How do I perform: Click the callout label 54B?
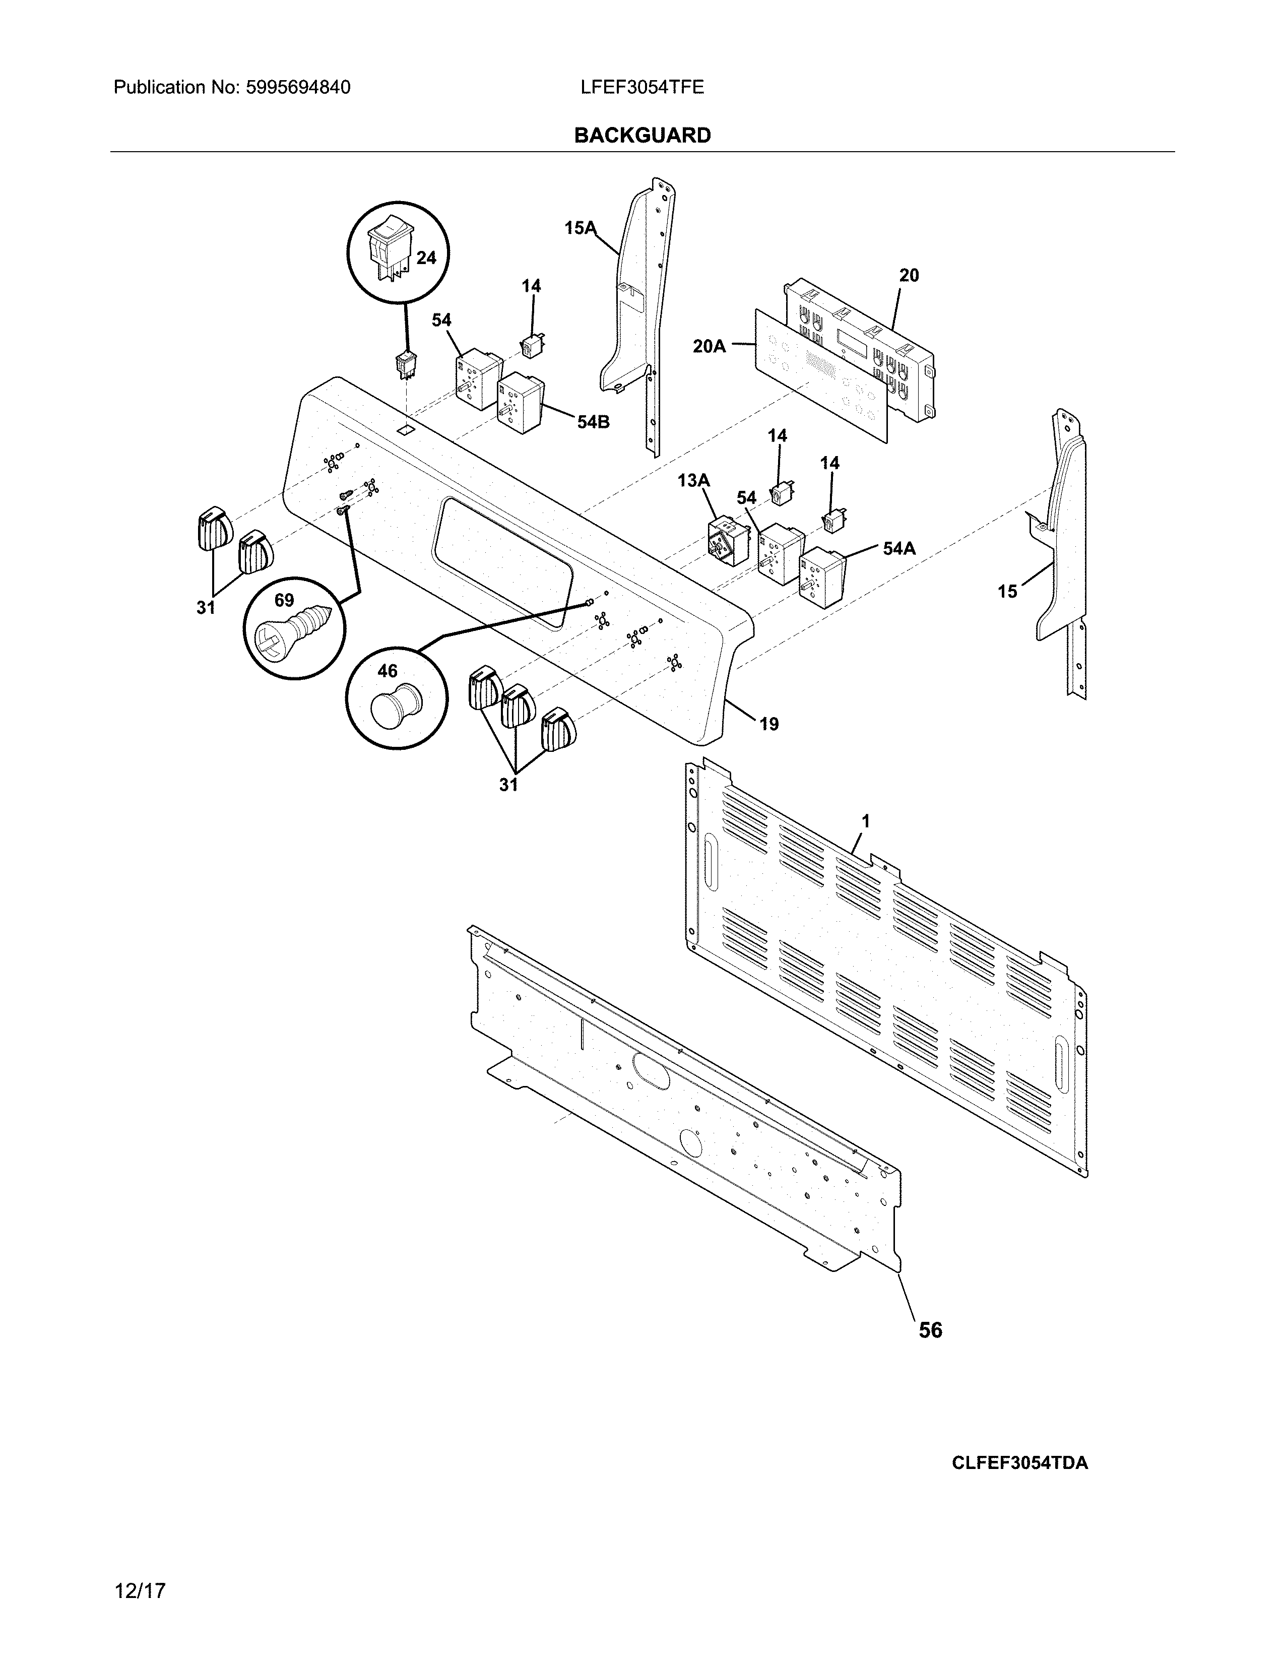coord(593,421)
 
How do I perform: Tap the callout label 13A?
coord(693,480)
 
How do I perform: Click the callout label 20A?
coord(709,347)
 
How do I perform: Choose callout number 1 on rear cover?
coord(866,821)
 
